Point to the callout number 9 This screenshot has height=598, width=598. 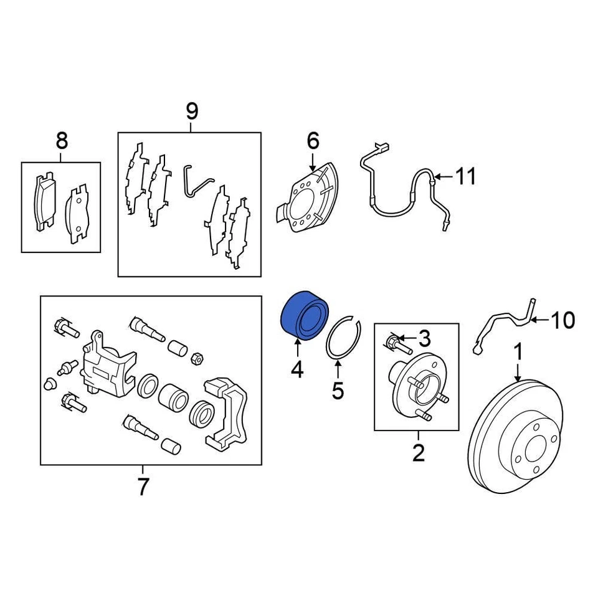point(191,112)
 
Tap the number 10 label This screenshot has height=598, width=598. point(562,321)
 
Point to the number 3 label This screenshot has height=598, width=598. point(424,339)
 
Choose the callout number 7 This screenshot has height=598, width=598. point(143,486)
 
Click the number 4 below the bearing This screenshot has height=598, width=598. point(297,371)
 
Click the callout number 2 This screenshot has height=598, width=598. point(418,452)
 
